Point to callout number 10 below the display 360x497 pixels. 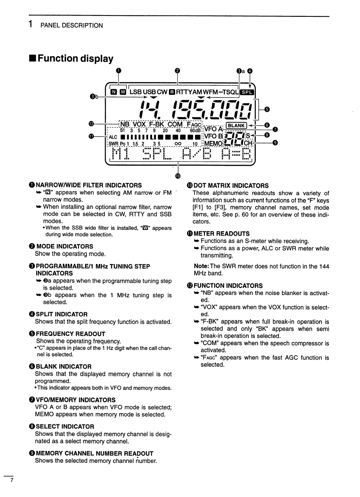pos(178,172)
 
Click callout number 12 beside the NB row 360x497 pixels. pos(92,124)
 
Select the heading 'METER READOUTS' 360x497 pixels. pos(221,233)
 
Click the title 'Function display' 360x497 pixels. pos(75,58)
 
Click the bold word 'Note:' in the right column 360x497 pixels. pos(201,267)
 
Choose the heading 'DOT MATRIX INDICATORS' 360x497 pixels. pos(231,185)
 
